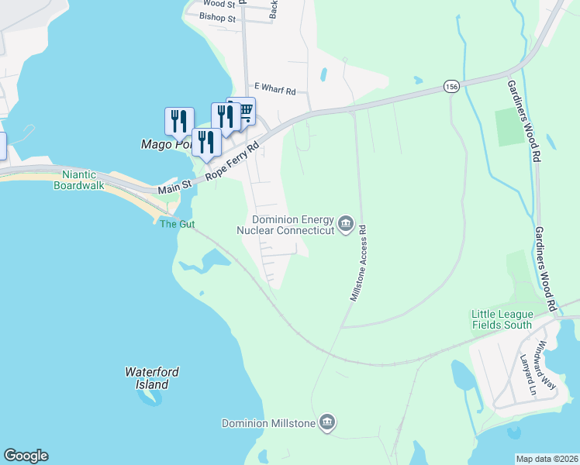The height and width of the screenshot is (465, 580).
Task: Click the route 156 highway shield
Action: point(451,87)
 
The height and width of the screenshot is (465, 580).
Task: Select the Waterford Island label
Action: point(152,378)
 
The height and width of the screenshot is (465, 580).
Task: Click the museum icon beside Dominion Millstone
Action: point(327,422)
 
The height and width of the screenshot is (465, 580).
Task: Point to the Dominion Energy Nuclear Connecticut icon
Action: point(346,226)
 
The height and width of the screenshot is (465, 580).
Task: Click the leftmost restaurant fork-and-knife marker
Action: point(179,121)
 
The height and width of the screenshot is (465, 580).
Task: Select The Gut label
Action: point(177,224)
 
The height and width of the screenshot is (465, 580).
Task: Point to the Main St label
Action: point(174,188)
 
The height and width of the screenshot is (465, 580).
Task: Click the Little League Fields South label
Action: point(502,319)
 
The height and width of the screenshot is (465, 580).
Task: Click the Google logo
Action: point(26,456)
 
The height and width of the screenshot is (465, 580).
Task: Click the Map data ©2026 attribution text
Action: point(547,459)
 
